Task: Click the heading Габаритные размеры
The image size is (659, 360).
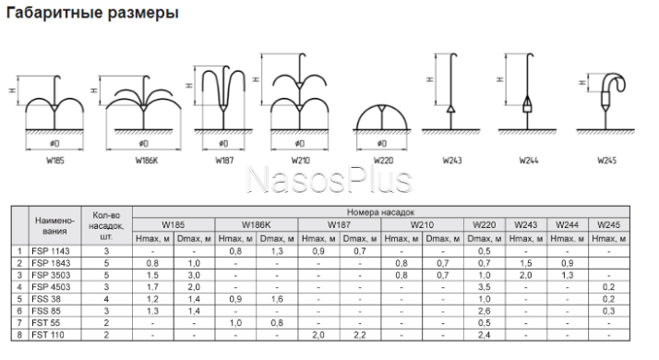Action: pos(92,13)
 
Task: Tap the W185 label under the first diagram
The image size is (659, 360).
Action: pos(55,161)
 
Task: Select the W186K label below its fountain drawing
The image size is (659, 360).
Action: pos(147,161)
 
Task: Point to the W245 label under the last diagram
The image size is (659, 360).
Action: pos(607,161)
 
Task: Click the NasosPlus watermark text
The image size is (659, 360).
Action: pos(329,180)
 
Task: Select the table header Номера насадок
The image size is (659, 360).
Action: pos(381,212)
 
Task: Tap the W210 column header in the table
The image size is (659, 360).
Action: pos(422,225)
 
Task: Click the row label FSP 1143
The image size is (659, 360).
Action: pos(51,251)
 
